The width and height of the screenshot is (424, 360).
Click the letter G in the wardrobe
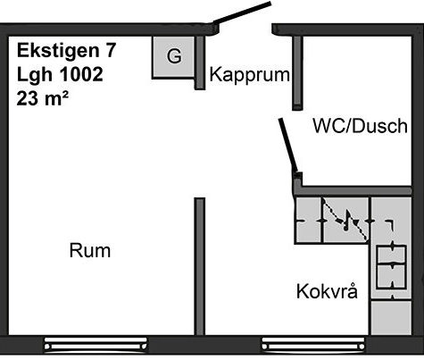[174, 55]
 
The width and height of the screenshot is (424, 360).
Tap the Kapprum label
[249, 75]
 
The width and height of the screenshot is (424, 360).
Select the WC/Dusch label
[360, 126]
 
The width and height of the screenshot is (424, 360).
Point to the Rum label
[90, 250]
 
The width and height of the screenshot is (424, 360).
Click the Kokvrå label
[327, 291]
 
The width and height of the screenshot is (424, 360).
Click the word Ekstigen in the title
[58, 51]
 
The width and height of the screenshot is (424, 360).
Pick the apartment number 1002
[81, 74]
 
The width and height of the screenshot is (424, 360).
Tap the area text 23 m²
[43, 98]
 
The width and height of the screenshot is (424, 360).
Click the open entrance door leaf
[242, 13]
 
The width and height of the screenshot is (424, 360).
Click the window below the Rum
[96, 345]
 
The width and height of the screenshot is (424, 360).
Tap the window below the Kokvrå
[313, 345]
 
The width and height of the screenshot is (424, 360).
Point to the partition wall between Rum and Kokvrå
[200, 266]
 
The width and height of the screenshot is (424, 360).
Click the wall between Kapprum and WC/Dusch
[297, 73]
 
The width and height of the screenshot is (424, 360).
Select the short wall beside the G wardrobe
[200, 63]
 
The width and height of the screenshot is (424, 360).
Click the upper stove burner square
[391, 255]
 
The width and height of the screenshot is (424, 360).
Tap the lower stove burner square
[391, 277]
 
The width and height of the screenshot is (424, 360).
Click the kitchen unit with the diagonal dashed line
[346, 221]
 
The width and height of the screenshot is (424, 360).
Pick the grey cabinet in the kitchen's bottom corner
[391, 317]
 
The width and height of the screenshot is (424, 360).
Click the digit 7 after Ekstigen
[110, 50]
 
